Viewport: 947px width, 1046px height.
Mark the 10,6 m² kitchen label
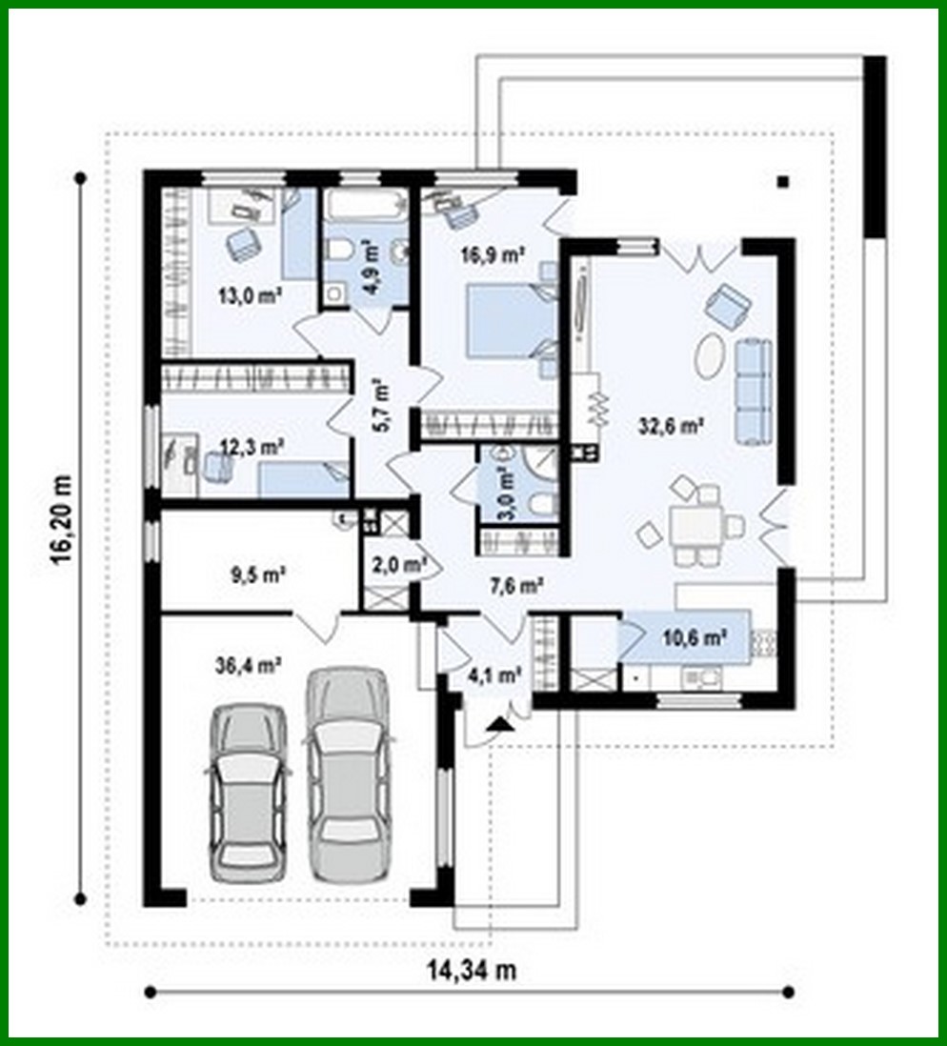[x=695, y=637]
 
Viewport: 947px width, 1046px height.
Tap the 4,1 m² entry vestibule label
[x=494, y=675]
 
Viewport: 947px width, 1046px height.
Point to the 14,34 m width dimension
[x=471, y=971]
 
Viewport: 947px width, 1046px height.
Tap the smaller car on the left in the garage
[x=248, y=791]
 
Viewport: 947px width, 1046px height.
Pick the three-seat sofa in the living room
[x=752, y=392]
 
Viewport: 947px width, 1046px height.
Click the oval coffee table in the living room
[x=710, y=356]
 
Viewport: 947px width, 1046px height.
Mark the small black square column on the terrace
[x=783, y=183]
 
